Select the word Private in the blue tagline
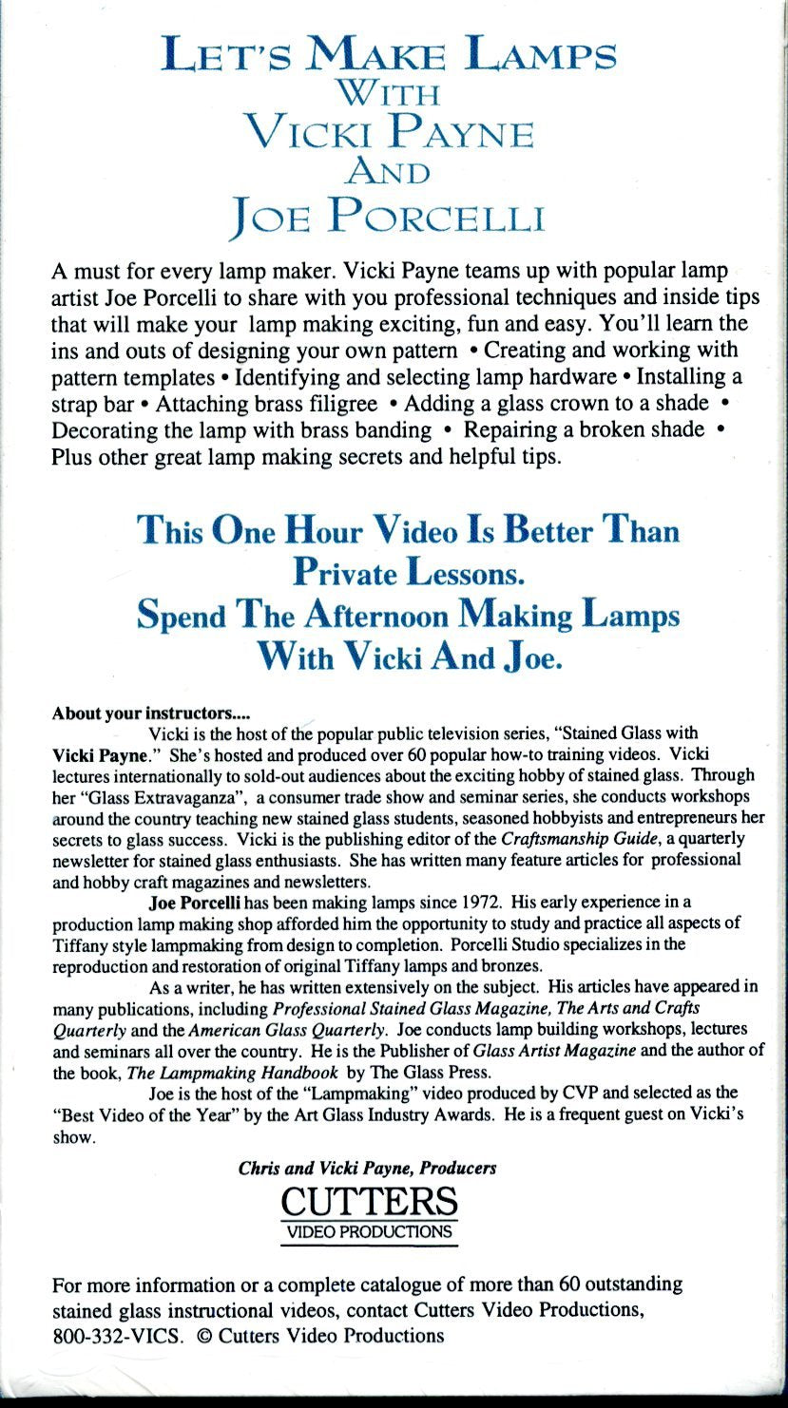click(x=344, y=572)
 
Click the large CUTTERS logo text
click(x=370, y=1202)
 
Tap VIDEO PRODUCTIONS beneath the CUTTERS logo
click(x=370, y=1232)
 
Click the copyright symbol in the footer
click(x=202, y=1335)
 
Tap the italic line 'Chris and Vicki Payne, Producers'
click(x=367, y=1168)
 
